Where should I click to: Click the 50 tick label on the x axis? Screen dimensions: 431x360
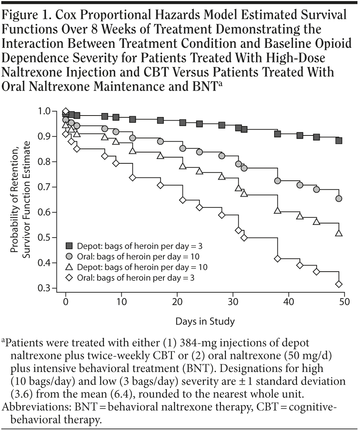344,301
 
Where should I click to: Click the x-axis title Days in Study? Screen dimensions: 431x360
205,321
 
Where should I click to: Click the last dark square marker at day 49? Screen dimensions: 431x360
339,141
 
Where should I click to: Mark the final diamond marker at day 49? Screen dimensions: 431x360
339,284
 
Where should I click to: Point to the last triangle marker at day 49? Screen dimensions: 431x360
339,233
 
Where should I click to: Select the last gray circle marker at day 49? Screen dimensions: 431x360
339,198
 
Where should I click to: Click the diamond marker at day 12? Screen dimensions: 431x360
133,177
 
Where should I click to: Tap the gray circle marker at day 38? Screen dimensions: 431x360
278,181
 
